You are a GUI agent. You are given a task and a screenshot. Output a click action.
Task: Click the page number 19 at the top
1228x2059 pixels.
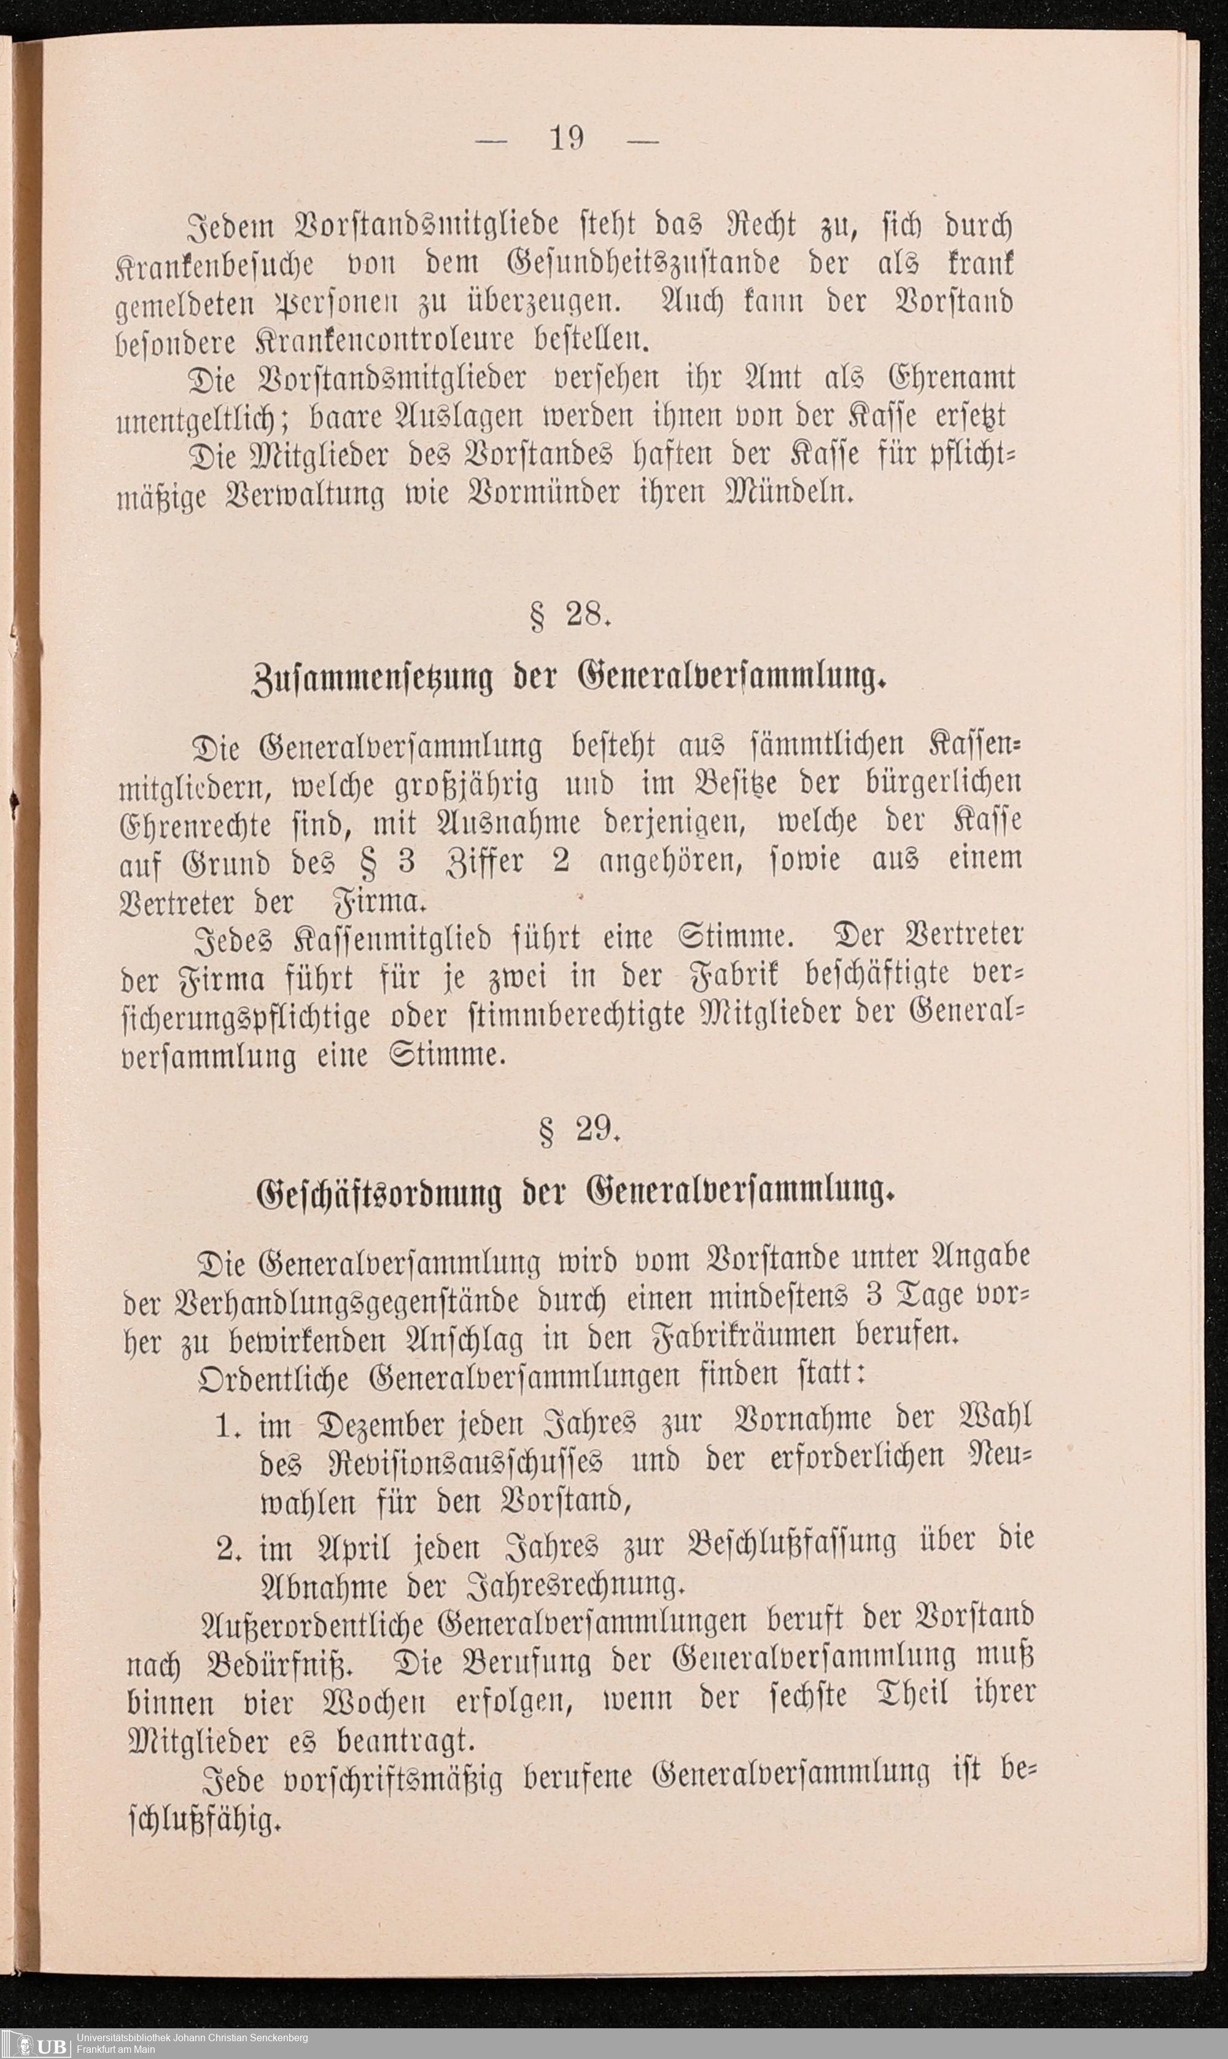[x=568, y=139]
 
